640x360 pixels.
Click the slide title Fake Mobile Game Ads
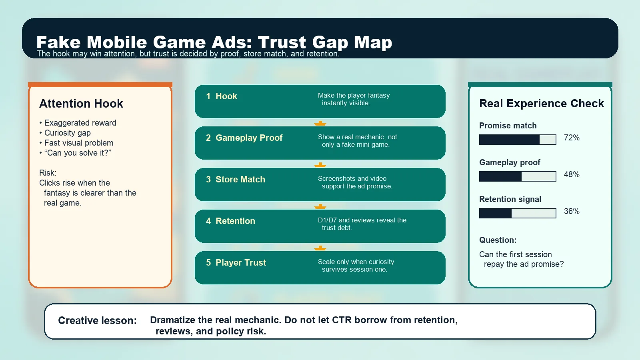click(x=214, y=42)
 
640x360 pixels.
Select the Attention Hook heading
click(x=81, y=104)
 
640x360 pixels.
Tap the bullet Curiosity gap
click(x=67, y=133)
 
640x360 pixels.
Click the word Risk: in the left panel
click(x=48, y=173)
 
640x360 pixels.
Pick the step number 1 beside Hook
click(x=208, y=96)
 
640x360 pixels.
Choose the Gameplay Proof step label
click(x=249, y=138)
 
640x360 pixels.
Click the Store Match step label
click(x=240, y=180)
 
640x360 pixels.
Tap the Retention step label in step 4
click(x=235, y=221)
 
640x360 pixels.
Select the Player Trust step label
click(x=240, y=263)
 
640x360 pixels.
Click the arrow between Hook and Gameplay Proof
click(x=320, y=123)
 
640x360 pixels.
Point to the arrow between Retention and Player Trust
click(x=320, y=248)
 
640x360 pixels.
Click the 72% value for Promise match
click(x=572, y=138)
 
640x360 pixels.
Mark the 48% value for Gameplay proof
click(x=572, y=175)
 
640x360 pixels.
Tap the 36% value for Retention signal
click(x=572, y=212)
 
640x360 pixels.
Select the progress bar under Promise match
click(x=518, y=140)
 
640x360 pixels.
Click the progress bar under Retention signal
click(x=518, y=213)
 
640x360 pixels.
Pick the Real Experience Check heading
click(x=542, y=104)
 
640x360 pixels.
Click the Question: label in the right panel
click(x=498, y=240)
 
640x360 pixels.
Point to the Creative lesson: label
click(x=97, y=320)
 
